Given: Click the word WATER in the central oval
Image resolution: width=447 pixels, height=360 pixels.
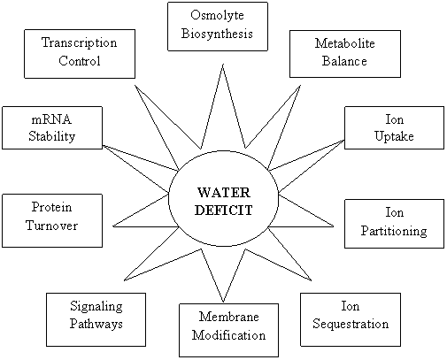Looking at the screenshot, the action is click(224, 193).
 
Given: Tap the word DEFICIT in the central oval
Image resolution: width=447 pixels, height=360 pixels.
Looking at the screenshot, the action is click(224, 211).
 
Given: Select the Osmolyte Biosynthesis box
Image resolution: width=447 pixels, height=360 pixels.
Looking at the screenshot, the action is click(218, 27).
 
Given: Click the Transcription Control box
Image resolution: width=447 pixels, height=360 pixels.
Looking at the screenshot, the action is click(80, 54).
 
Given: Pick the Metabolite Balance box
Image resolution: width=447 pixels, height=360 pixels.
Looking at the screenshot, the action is click(345, 54).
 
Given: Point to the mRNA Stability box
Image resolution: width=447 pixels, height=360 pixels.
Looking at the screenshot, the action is click(52, 127).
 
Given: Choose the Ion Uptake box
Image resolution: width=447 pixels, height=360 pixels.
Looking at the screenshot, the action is click(394, 127).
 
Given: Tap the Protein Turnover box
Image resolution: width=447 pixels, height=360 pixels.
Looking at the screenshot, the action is click(52, 220).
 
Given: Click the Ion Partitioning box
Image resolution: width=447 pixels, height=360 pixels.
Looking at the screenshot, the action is click(394, 224).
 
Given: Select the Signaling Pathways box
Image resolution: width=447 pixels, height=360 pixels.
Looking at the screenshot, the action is click(96, 319).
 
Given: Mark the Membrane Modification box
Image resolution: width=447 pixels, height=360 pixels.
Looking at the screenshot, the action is click(228, 330).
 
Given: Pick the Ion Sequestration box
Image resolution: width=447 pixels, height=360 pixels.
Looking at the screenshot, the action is click(351, 319).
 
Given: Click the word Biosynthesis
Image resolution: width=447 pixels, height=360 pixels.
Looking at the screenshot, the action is click(217, 34).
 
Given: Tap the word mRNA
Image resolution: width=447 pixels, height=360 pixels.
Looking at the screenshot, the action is click(51, 119).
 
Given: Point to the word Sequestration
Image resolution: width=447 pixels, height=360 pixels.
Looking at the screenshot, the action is click(351, 324).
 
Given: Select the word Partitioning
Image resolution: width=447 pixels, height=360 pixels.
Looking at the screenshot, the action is click(394, 231).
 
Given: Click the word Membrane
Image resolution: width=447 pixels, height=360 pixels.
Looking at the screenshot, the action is click(229, 317).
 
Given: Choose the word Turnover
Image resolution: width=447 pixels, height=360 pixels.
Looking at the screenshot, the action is click(51, 226).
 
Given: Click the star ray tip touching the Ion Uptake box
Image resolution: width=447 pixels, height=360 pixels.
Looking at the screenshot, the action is click(344, 141).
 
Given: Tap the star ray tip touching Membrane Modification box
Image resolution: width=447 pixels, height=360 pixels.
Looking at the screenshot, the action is click(223, 303).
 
